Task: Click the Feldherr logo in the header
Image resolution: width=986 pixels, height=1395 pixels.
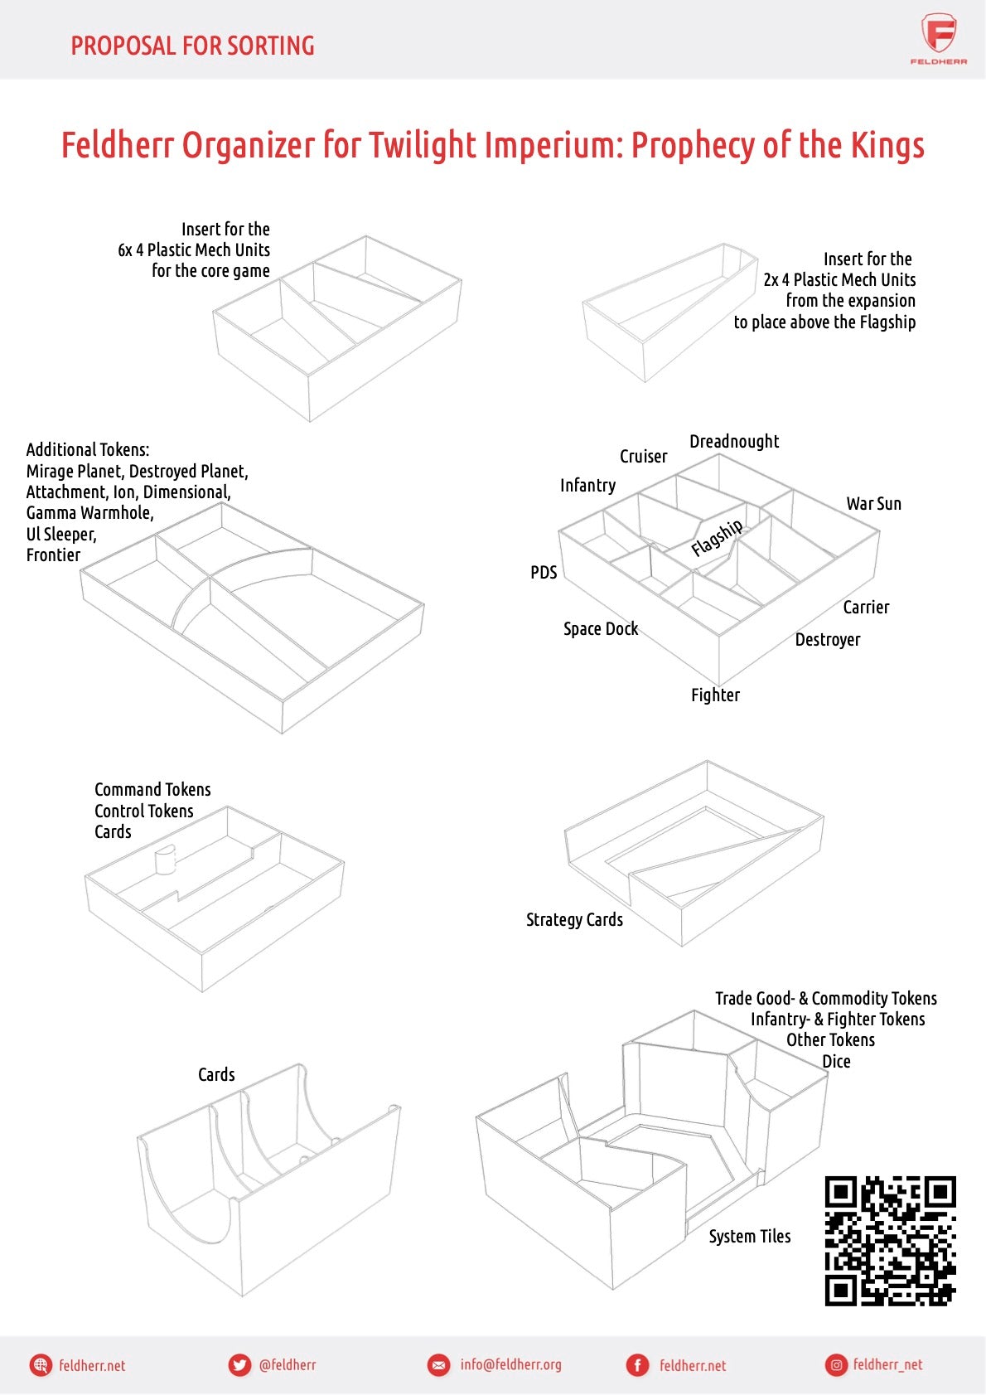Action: click(938, 37)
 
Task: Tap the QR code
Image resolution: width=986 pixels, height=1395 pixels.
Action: click(890, 1240)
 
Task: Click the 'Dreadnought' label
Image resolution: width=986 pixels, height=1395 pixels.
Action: click(734, 442)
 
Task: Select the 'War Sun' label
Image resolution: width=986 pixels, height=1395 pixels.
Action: click(873, 504)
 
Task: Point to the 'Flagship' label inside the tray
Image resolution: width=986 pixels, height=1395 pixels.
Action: click(717, 538)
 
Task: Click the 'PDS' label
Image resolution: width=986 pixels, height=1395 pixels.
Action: click(544, 573)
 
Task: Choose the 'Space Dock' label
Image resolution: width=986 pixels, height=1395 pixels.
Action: click(601, 629)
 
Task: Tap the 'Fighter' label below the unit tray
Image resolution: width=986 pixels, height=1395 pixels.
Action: click(715, 695)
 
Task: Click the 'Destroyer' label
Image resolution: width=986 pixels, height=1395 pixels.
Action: click(827, 640)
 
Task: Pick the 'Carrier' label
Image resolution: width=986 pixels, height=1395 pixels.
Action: click(866, 608)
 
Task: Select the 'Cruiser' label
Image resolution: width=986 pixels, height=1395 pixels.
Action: click(643, 457)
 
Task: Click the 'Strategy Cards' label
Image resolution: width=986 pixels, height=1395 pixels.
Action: click(574, 920)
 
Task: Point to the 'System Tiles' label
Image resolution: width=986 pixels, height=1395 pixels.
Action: click(749, 1237)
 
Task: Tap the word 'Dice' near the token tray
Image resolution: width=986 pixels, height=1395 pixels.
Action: click(836, 1062)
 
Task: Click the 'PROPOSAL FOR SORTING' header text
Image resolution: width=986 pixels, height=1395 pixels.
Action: click(192, 46)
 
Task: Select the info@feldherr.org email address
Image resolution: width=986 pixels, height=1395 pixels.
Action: click(510, 1364)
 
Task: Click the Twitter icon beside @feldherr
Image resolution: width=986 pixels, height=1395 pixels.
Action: click(239, 1365)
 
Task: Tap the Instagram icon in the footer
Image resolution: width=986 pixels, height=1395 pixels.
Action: click(836, 1365)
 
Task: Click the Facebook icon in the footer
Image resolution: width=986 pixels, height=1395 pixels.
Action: click(637, 1365)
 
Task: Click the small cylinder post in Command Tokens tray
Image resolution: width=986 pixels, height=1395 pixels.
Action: click(166, 860)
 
